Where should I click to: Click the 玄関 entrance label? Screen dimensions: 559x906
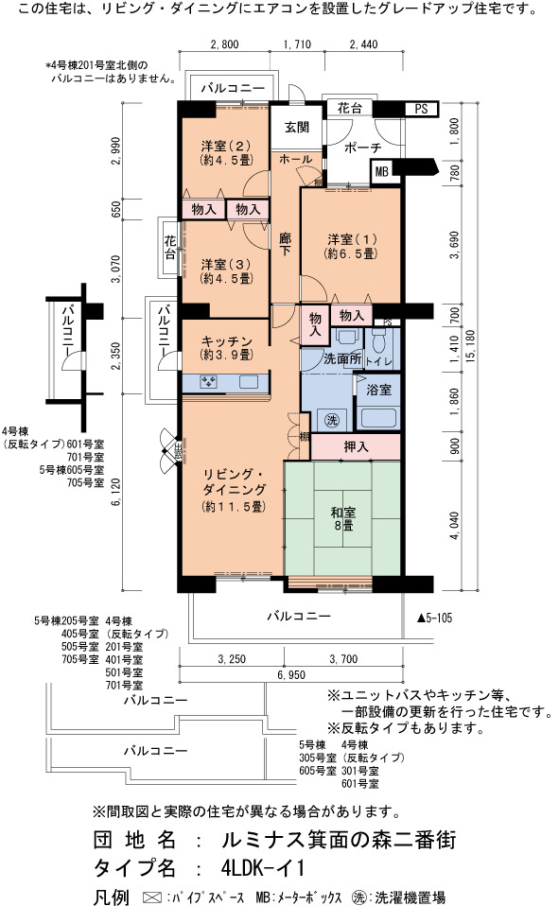click(297, 127)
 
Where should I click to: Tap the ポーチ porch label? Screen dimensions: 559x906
click(363, 148)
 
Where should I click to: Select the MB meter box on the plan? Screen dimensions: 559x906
click(381, 171)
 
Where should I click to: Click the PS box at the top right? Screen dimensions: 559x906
click(422, 109)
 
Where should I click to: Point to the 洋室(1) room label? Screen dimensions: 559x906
click(351, 246)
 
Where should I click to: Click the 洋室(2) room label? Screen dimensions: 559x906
click(226, 152)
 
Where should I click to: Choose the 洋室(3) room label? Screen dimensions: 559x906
click(226, 271)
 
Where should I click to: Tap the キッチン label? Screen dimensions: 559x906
click(226, 348)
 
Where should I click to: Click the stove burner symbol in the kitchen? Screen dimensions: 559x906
click(208, 381)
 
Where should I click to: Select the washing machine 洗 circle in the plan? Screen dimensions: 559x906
click(331, 420)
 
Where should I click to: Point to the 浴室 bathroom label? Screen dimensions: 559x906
click(378, 390)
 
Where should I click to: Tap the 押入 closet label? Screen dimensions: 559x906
click(356, 446)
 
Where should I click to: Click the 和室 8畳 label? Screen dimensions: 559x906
click(342, 519)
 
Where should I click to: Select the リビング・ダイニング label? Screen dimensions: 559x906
click(235, 490)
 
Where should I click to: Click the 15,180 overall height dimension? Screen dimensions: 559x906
click(469, 346)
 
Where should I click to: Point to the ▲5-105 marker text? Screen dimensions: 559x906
click(435, 619)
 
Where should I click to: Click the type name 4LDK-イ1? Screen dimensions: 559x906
click(262, 867)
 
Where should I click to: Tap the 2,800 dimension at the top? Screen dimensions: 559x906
click(224, 44)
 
